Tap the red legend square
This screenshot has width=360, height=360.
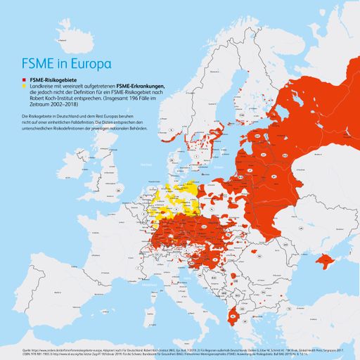pyautogui.click(x=25, y=81)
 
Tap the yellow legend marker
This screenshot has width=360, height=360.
pyautogui.click(x=25, y=86)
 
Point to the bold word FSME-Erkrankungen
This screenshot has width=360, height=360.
pyautogui.click(x=141, y=86)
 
